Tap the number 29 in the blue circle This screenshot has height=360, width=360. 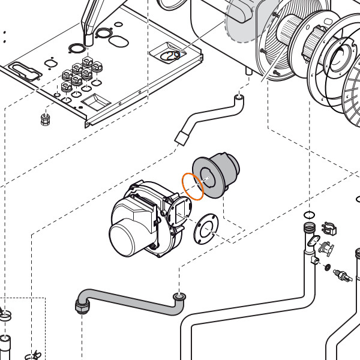(x=173, y=56)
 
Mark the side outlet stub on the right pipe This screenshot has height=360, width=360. (x=314, y=260)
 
